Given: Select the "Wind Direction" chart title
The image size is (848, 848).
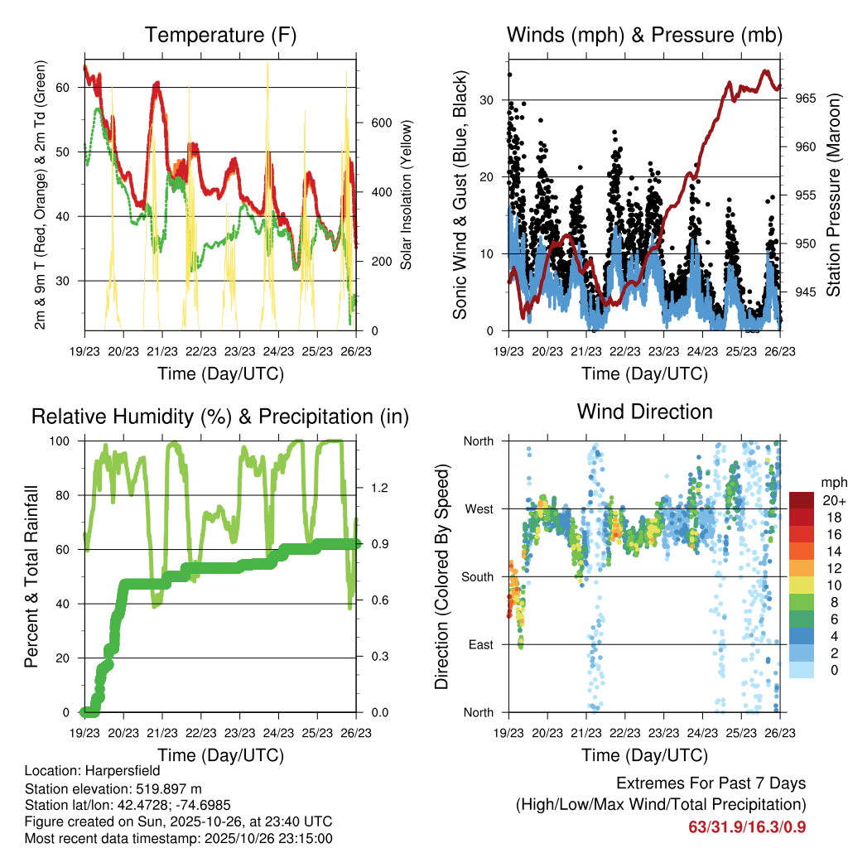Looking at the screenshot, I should (x=644, y=411).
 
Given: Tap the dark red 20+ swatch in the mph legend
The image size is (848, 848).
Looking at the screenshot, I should (x=802, y=500).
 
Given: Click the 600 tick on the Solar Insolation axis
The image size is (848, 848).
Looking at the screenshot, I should (x=380, y=123).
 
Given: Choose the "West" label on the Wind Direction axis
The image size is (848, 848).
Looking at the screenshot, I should (x=478, y=508).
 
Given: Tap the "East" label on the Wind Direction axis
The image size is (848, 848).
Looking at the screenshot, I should (x=479, y=644).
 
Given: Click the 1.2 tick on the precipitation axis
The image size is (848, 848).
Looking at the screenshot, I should (x=378, y=488).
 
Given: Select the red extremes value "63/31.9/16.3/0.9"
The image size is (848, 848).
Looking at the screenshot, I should (x=747, y=826).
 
